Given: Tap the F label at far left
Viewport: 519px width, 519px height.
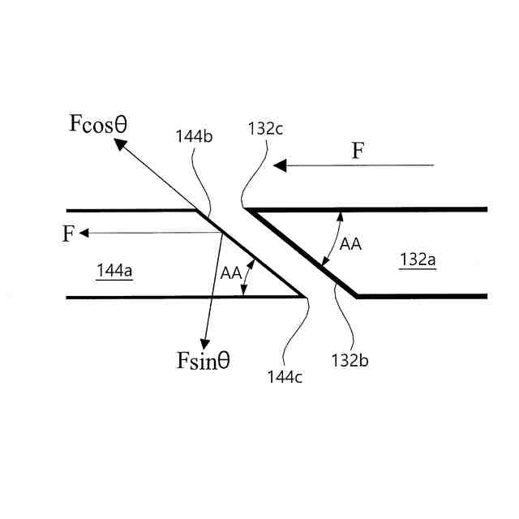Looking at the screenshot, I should pos(68,234).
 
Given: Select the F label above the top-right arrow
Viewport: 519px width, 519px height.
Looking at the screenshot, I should pos(357,150).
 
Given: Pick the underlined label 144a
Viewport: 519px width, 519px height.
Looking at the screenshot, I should pos(114,271).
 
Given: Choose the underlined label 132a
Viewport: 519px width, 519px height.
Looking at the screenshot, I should pos(418,259).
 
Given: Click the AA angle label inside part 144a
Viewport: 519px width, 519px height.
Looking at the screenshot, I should pos(230,272).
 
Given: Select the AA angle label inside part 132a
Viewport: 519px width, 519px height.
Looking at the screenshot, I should pos(350,244).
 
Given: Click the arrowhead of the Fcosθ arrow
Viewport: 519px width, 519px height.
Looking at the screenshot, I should pos(118,144).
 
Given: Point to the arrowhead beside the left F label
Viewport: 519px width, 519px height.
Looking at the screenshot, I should pos(85,233).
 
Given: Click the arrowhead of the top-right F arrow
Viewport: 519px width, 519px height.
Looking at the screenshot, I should pos(280,165).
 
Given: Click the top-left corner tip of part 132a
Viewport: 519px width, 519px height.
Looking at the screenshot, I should pos(247,209).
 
